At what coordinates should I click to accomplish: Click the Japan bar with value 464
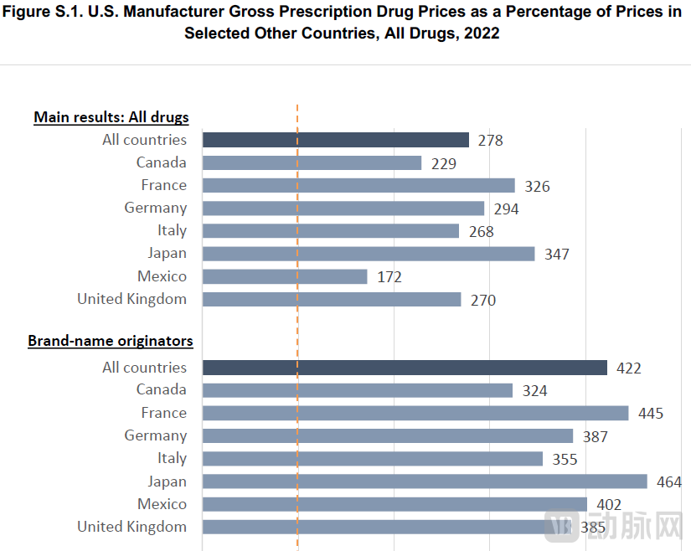point(425,481)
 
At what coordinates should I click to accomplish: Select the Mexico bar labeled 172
point(285,276)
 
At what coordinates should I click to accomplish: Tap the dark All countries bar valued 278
point(335,140)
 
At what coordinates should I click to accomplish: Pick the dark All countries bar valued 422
point(405,368)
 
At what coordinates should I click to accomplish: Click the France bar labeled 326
point(358,185)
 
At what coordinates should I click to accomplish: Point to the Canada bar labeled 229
point(312,162)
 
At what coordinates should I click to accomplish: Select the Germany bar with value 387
point(388,436)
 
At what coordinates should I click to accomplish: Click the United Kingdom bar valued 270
point(332,299)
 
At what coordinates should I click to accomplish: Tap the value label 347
point(556,254)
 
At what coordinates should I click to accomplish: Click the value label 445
point(650,414)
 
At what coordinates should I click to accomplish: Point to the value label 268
point(481,231)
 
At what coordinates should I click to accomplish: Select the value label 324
point(534,390)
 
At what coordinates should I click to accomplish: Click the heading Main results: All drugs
point(111,117)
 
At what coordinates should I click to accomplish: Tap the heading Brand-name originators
point(111,341)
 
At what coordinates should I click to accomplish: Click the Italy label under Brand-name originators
point(172,458)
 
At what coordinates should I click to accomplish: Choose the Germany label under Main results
point(156,208)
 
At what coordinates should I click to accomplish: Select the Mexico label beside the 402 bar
point(162,504)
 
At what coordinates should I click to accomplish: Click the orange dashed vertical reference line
point(297,327)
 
